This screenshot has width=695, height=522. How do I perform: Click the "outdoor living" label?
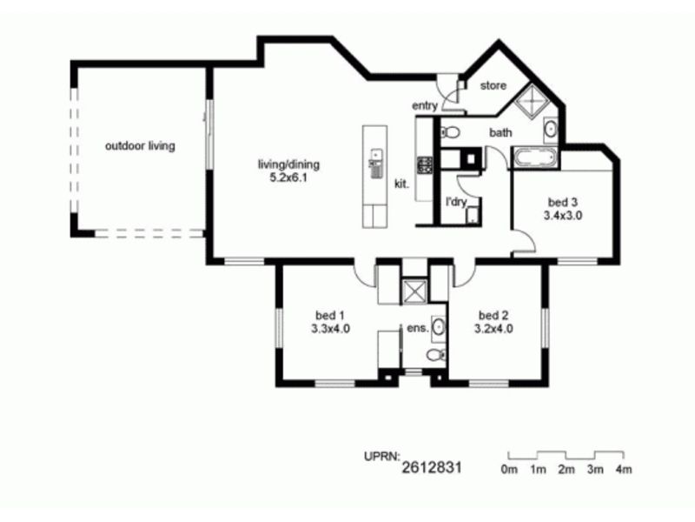pyautogui.click(x=140, y=145)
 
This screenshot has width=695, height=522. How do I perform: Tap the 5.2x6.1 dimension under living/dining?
pyautogui.click(x=288, y=178)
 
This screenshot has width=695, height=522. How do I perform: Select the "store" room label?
pyautogui.click(x=493, y=85)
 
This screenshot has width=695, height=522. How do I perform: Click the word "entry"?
pyautogui.click(x=425, y=105)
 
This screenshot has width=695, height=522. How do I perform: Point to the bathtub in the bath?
pyautogui.click(x=535, y=159)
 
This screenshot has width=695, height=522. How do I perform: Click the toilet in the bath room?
pyautogui.click(x=449, y=132)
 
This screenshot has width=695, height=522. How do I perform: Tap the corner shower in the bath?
pyautogui.click(x=532, y=101)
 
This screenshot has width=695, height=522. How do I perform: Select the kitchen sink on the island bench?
pyautogui.click(x=376, y=164)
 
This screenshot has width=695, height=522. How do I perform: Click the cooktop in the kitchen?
pyautogui.click(x=424, y=165)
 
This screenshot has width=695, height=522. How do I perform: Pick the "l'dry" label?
pyautogui.click(x=456, y=202)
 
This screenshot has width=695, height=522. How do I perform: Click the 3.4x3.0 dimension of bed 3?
pyautogui.click(x=563, y=216)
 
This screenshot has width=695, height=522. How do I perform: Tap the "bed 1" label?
pyautogui.click(x=330, y=316)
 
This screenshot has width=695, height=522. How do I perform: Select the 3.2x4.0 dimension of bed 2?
pyautogui.click(x=493, y=329)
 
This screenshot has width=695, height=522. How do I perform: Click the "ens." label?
pyautogui.click(x=418, y=329)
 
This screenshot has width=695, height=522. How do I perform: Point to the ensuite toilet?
pyautogui.click(x=437, y=355)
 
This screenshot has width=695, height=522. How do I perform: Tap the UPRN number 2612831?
pyautogui.click(x=432, y=467)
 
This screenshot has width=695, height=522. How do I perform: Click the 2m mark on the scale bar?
pyautogui.click(x=566, y=469)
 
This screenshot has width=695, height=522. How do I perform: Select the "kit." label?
pyautogui.click(x=401, y=184)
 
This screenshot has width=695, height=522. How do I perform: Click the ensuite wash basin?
pyautogui.click(x=438, y=328)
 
